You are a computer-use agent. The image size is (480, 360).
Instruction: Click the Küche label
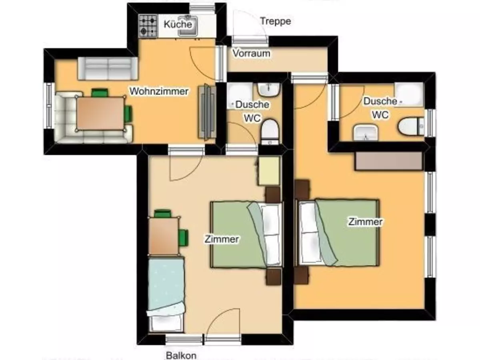(x=178, y=24)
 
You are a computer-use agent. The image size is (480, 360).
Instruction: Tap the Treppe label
(x=276, y=22)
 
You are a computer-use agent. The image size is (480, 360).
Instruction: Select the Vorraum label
(x=251, y=53)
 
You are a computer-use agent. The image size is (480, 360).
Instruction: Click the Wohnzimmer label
(x=159, y=91)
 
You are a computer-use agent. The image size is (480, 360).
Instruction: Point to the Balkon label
(x=181, y=356)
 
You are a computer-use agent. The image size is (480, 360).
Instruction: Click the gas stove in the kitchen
(x=148, y=26)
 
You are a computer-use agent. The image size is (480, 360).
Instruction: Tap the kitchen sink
(x=188, y=26)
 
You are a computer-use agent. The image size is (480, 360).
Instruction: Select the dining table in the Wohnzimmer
(x=100, y=114)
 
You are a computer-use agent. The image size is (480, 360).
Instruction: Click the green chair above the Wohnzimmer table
(x=100, y=92)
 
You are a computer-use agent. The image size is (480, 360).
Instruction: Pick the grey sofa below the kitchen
(x=108, y=68)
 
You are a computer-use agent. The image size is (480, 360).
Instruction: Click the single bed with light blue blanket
(x=166, y=295)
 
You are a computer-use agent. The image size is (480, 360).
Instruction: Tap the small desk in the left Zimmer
(x=164, y=236)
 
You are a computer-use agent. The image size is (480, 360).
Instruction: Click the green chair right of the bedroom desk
(x=184, y=238)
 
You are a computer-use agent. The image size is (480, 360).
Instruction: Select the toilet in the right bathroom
(x=411, y=126)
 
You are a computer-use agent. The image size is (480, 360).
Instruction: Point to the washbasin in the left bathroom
(x=269, y=89)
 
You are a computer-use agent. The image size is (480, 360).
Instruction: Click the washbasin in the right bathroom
(x=366, y=133)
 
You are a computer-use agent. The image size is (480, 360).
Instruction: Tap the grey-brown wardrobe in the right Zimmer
(x=388, y=161)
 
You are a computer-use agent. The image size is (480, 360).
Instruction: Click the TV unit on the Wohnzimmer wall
(x=207, y=111)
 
